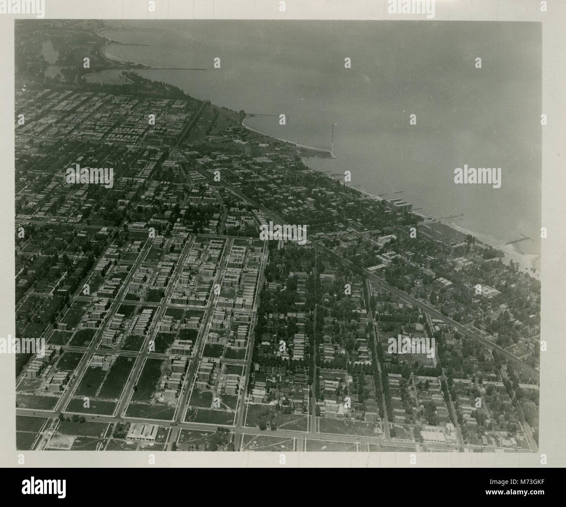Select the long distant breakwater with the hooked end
point(183,69)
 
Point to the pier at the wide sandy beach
point(518,239)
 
